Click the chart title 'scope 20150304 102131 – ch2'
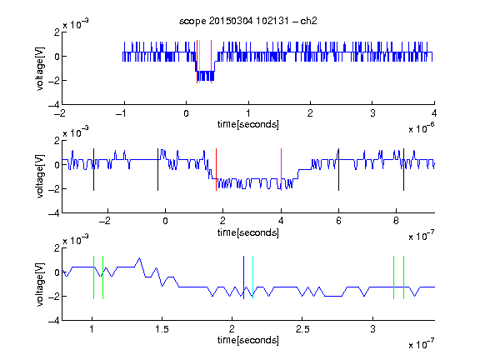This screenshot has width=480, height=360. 248,21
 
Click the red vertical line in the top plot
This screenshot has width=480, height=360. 197,62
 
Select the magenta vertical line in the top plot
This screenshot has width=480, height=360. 211,62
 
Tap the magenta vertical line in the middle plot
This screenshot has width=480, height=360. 281,170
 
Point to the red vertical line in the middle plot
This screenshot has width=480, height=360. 216,170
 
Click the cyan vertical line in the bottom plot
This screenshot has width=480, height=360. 252,277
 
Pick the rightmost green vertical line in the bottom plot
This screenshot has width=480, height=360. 404,277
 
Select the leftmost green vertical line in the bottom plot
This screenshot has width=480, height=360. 93,277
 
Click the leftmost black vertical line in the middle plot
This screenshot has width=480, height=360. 93,170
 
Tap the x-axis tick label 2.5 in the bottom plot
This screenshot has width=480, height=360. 302,329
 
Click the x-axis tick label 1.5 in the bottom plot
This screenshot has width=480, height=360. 162,329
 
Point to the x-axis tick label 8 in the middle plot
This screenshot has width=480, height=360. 396,221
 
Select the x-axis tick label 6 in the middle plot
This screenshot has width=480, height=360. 338,221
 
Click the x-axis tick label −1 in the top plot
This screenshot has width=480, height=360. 122,113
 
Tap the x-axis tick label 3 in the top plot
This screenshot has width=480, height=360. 372,113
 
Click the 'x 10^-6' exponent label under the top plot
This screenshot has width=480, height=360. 422,128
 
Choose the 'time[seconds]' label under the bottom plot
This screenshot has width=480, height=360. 248,340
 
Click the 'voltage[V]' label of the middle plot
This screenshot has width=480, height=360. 40,177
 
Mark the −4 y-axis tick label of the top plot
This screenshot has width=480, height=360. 54,105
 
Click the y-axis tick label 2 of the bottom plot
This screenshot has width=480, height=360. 57,248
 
